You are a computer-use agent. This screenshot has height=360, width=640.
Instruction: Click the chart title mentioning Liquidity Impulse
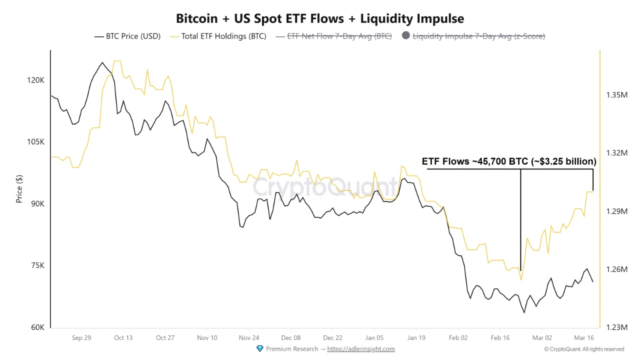[320, 19]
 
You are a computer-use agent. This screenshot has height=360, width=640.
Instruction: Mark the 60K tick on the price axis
[37, 327]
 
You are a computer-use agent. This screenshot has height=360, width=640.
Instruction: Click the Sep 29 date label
[81, 338]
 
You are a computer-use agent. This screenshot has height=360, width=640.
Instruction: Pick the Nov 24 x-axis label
[249, 338]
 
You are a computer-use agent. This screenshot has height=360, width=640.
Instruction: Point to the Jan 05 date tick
[374, 338]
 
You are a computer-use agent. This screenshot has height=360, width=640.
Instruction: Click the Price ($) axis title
[19, 189]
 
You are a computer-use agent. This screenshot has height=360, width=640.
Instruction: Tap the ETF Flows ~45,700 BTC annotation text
[509, 161]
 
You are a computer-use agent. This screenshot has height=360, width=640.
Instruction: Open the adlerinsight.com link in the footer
[361, 349]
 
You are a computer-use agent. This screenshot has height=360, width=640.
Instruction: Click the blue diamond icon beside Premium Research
[259, 348]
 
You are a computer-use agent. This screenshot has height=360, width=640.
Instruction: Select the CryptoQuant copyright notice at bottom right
[584, 349]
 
